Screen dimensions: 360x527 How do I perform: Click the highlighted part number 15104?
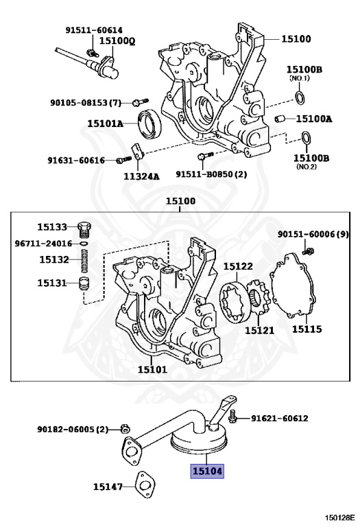click(207, 471)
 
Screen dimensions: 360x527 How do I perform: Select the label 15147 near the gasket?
click(108, 487)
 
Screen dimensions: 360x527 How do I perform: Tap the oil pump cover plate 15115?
click(293, 285)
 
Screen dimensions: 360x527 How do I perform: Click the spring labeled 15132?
click(84, 261)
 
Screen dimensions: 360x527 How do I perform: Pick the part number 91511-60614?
click(94, 30)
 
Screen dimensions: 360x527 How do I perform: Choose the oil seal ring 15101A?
click(149, 124)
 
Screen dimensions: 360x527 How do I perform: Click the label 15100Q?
click(117, 41)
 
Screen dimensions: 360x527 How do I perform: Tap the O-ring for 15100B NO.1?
click(300, 97)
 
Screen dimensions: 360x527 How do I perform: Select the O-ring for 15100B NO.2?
click(306, 138)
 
